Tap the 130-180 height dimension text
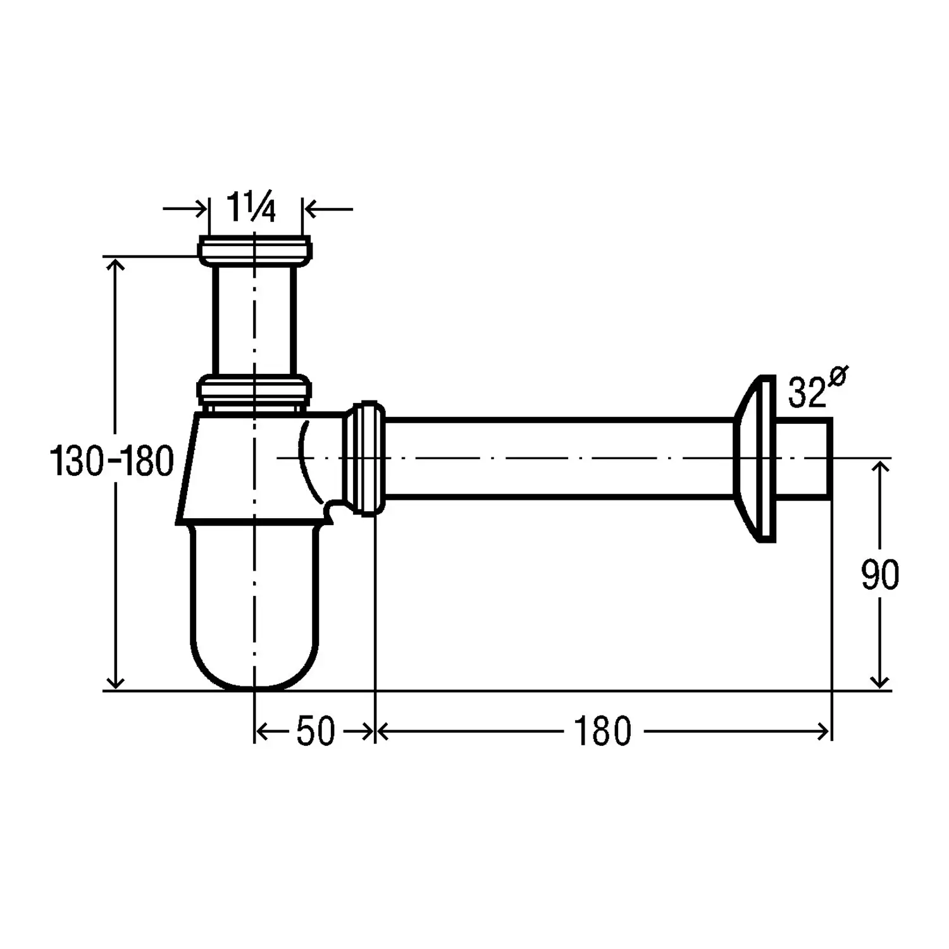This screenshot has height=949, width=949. tap(111, 461)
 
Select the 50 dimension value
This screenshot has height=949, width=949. tap(315, 731)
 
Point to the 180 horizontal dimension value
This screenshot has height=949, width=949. tap(602, 731)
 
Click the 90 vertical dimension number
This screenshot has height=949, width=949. tap(879, 575)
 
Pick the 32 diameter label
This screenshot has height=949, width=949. tap(807, 394)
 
